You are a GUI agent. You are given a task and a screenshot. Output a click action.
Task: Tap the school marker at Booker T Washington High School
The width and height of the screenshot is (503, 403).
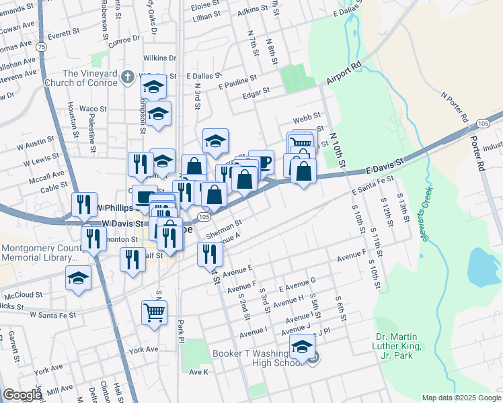coord(302,348)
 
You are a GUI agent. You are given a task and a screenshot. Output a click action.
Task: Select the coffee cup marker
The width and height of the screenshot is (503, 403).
coord(262,162)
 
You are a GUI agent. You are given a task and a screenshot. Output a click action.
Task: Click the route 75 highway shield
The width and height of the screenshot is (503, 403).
coord(42,47)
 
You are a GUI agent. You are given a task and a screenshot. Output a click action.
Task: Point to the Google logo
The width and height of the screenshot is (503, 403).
coord(22,395)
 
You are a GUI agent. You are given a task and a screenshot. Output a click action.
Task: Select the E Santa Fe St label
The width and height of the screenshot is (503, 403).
coord(373,185)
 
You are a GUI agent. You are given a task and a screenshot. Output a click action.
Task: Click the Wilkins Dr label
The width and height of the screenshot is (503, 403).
coord(159,58)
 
